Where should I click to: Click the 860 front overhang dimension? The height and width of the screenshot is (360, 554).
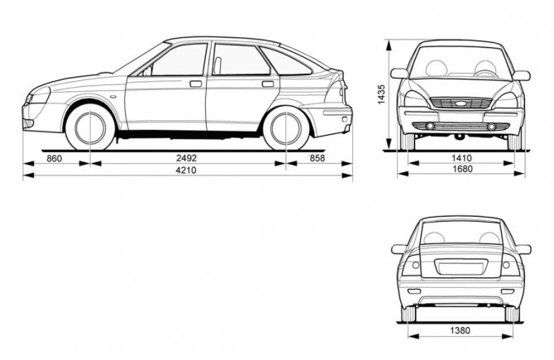point(54,158)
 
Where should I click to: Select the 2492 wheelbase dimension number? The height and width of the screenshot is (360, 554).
point(186,158)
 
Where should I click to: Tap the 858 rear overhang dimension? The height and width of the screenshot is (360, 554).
point(318,158)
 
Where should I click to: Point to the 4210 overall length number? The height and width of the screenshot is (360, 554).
point(186,170)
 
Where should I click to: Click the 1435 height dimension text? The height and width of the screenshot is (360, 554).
point(381,94)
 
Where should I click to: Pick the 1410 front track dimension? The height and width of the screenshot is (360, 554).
point(462,158)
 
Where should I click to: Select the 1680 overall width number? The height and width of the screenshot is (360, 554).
point(462,169)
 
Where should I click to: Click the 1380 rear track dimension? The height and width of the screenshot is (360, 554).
point(460,330)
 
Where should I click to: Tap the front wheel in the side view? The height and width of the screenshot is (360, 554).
point(90,127)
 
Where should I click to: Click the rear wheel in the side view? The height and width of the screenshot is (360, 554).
point(286,128)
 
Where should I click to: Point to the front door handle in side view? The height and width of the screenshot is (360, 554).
point(195,84)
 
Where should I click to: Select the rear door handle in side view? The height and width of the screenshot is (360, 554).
point(268,84)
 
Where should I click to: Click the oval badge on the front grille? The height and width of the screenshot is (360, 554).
point(461,103)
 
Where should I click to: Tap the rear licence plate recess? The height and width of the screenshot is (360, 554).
point(461,266)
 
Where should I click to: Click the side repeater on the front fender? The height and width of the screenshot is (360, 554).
point(114,96)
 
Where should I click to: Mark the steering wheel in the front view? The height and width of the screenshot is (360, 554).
point(485,73)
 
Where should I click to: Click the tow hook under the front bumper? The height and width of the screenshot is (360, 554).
point(460,137)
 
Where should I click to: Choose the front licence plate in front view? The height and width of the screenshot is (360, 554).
point(461,117)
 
